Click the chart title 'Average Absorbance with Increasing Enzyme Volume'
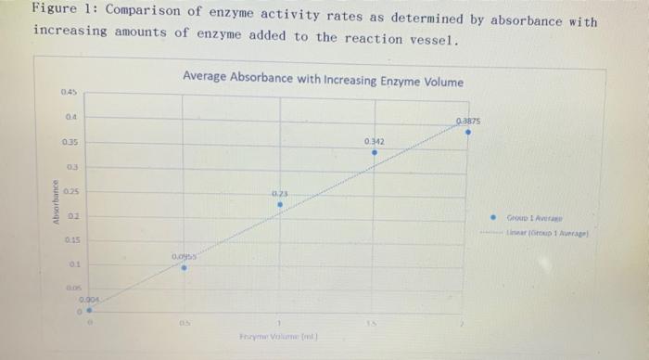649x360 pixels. tap(323, 81)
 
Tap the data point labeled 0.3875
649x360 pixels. tap(468, 132)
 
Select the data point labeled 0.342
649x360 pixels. tap(374, 153)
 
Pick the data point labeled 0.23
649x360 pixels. tap(279, 205)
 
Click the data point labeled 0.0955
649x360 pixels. tap(184, 267)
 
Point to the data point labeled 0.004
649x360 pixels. tap(89, 311)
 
